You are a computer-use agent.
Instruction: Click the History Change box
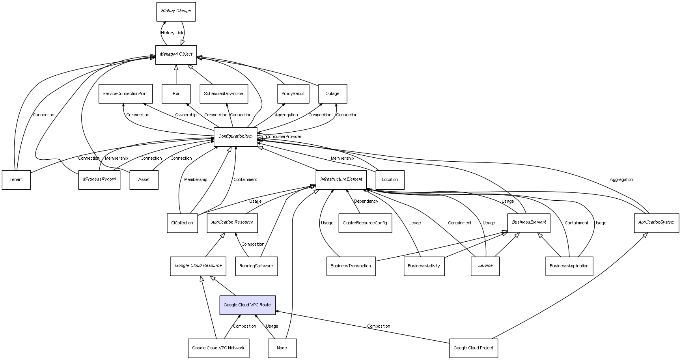coord(176,11)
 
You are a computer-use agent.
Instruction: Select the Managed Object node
coord(176,54)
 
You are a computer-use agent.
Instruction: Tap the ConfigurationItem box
coord(235,136)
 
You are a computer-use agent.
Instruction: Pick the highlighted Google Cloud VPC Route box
coord(247,305)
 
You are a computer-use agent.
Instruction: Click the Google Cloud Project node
coord(473,348)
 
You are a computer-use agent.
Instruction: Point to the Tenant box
coord(16,180)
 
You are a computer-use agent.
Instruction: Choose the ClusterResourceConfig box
coord(365,223)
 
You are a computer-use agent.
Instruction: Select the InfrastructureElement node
coord(341,179)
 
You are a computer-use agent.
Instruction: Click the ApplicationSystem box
coord(656,222)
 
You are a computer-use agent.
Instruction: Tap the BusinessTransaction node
coord(351,266)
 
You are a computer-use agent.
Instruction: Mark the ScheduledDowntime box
coord(224,94)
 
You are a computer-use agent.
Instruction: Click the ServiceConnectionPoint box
coord(125,94)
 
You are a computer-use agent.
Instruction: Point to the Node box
coord(282,348)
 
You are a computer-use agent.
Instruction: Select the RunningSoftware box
coord(256,266)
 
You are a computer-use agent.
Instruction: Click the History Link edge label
coord(172,33)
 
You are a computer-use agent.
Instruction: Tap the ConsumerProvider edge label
coord(284,137)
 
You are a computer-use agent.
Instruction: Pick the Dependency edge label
coord(366,201)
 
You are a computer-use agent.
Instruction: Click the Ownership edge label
coord(186,115)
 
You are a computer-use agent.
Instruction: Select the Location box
coord(390,180)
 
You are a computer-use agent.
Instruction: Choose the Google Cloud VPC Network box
coord(218,348)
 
